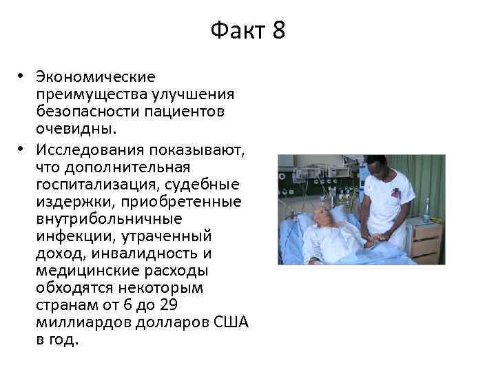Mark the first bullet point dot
coord(22,76)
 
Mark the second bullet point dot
coord(22,147)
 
